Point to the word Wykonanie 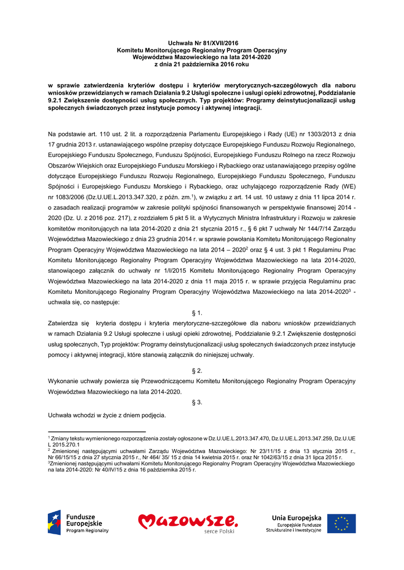[x=65, y=381]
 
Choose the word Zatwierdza [x=65, y=323]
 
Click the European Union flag [x=341, y=523]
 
